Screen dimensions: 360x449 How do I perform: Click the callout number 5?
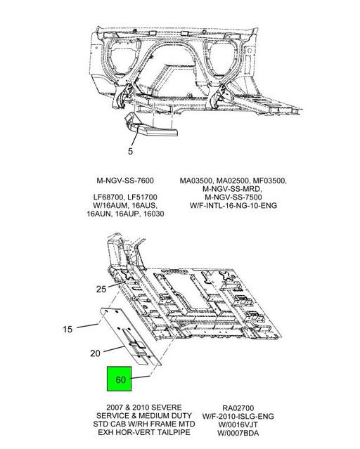click(x=130, y=151)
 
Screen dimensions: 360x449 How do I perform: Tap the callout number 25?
click(x=101, y=289)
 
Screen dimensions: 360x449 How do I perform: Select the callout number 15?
click(x=67, y=330)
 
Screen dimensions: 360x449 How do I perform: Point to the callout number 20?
click(x=95, y=353)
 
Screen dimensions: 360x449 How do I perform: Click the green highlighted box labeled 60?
click(x=120, y=379)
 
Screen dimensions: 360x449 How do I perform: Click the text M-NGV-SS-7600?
click(x=125, y=181)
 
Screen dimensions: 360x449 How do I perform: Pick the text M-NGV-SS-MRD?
click(x=233, y=189)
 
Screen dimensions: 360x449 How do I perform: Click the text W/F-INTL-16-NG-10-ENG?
click(x=233, y=205)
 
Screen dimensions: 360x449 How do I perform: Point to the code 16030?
click(x=154, y=214)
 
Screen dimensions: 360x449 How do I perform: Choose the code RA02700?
click(x=238, y=408)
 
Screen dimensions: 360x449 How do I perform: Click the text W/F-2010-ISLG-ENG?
click(x=238, y=416)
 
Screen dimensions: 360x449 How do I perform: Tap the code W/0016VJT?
click(x=238, y=424)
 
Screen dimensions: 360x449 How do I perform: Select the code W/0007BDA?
click(x=238, y=433)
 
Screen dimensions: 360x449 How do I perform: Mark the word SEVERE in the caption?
click(x=167, y=408)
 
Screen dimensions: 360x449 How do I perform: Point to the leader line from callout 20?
click(x=115, y=349)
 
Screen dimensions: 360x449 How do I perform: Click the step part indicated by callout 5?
click(x=150, y=126)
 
